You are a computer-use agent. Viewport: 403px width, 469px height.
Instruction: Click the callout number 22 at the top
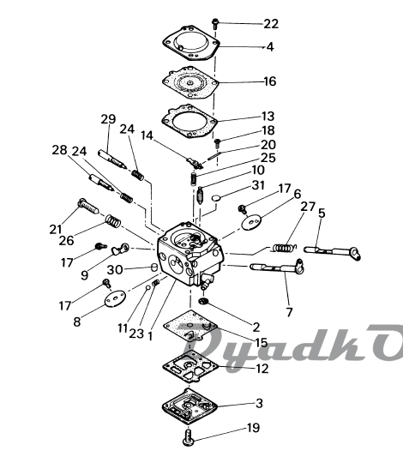point(271,24)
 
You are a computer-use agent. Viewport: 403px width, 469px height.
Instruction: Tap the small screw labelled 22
point(215,24)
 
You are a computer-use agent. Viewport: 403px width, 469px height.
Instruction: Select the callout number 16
point(269,81)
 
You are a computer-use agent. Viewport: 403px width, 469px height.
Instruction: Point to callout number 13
point(268,116)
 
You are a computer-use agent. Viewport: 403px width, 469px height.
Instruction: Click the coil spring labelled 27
point(284,248)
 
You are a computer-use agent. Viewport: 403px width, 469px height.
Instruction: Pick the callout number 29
point(108,119)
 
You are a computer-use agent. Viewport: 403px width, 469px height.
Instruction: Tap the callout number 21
point(56,230)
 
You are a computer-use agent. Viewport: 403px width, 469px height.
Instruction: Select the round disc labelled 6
point(251,223)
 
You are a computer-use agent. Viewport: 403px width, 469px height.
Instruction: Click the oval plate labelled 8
point(116,298)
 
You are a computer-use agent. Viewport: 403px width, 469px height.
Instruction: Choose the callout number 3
point(259,403)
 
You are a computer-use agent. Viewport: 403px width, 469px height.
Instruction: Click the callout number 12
point(262,369)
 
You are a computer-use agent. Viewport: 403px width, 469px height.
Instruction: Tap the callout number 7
point(289,312)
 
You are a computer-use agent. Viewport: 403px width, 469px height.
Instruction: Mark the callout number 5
point(322,213)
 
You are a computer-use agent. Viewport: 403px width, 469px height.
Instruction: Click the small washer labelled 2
point(203,301)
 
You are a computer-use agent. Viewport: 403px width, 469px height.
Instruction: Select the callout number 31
point(258,185)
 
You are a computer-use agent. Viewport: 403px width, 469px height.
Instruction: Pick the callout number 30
point(115,270)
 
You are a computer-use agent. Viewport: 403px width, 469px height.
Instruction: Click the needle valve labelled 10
point(200,195)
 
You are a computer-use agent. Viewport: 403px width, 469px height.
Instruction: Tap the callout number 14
point(147,135)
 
